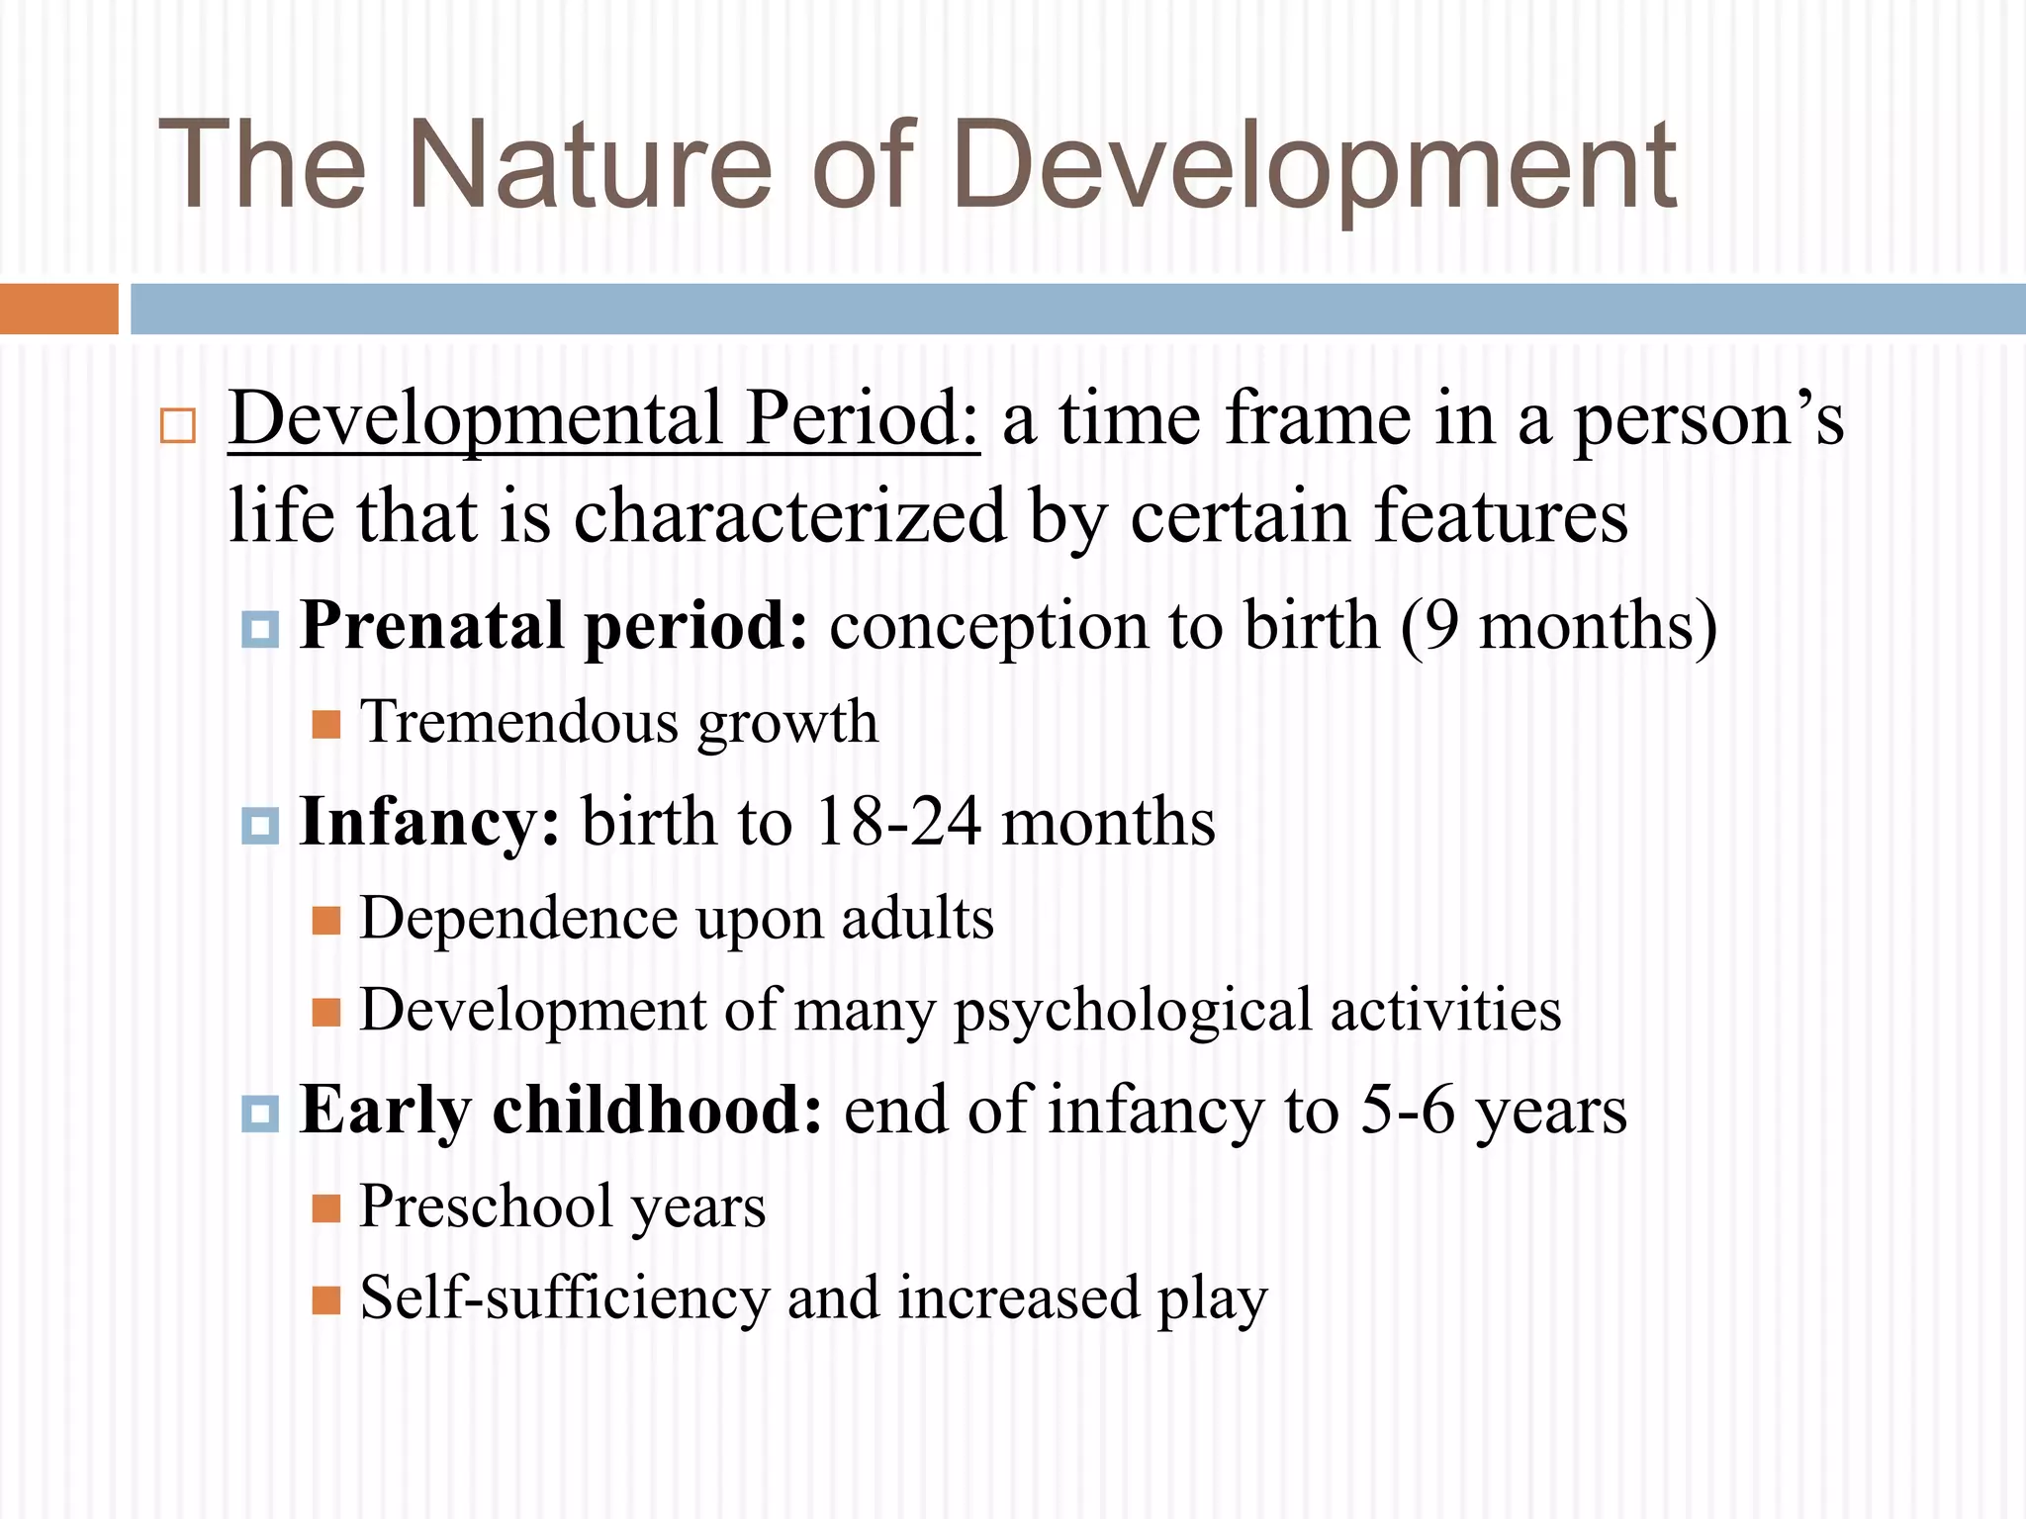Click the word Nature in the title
click(x=589, y=166)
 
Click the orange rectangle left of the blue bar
click(x=58, y=309)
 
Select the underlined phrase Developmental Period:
click(x=603, y=419)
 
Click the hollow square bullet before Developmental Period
click(x=178, y=426)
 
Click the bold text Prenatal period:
click(x=554, y=626)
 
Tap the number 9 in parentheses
click(x=1443, y=626)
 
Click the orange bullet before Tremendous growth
click(x=326, y=725)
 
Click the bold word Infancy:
click(x=429, y=823)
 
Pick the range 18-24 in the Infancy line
click(x=898, y=823)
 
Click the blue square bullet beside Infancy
click(x=260, y=825)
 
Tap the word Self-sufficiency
click(x=564, y=1297)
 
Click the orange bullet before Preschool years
click(x=326, y=1208)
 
